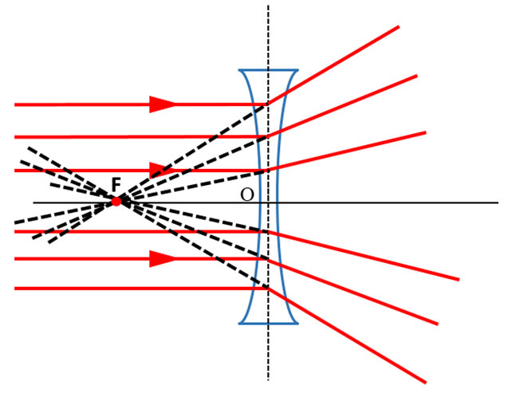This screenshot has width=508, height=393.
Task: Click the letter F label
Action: point(116,185)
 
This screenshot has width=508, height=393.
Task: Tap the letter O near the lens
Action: point(247,195)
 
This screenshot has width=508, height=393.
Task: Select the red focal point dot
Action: point(116,202)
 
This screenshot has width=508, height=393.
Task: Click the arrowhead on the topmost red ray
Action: point(163,104)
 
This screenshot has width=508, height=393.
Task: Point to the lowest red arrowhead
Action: point(163,258)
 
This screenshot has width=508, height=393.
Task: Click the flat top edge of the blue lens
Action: point(268,69)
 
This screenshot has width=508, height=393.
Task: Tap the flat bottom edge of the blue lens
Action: point(268,323)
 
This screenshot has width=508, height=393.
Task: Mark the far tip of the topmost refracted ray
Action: point(399,26)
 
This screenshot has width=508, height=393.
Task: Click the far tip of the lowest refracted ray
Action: point(425,383)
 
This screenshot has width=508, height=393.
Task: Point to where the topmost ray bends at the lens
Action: point(268,104)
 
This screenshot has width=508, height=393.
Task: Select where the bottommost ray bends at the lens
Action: point(268,288)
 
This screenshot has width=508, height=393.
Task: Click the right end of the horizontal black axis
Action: point(498,202)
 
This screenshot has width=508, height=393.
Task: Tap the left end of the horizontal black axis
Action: point(33,202)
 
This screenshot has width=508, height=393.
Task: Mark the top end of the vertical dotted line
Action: point(268,6)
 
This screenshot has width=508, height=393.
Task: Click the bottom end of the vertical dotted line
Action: point(268,379)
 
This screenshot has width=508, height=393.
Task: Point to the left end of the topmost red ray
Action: point(15,104)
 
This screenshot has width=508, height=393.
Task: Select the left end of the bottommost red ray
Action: point(15,288)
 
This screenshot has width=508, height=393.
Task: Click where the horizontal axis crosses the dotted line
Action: point(268,202)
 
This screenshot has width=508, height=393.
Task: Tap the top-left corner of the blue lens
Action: point(239,69)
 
